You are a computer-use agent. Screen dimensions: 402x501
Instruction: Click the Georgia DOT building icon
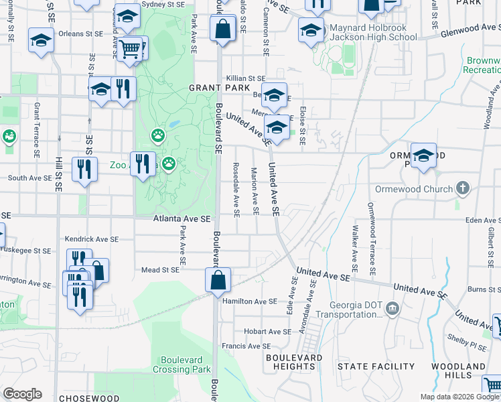click(392, 308)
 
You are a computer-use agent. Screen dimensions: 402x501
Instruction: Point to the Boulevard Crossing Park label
click(182, 365)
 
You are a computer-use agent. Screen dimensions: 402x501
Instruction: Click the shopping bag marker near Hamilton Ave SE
click(219, 281)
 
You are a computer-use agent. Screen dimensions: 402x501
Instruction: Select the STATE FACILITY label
click(376, 366)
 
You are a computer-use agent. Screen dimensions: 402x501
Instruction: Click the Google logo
click(23, 394)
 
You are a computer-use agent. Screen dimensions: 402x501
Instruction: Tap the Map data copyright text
click(459, 397)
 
